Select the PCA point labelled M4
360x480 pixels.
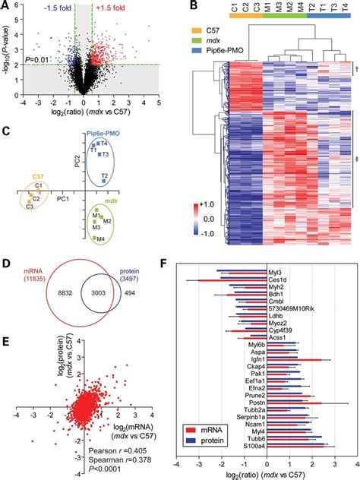[99, 239]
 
